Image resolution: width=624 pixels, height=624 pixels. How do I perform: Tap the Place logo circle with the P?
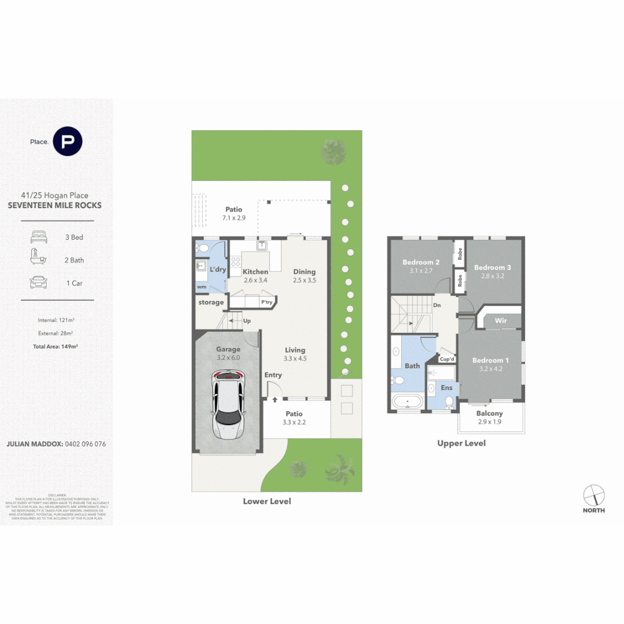(68, 142)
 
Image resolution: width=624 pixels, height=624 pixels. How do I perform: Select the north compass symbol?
(593, 495)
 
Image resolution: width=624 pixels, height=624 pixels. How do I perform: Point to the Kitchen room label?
(255, 272)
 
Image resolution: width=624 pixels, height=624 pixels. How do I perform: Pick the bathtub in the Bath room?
(407, 401)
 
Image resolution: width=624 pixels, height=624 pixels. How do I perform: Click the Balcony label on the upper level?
(489, 413)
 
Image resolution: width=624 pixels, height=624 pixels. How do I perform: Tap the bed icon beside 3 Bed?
(38, 237)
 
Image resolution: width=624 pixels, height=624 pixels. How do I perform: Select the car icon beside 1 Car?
(38, 283)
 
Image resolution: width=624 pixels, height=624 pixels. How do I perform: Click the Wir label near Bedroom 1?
(500, 320)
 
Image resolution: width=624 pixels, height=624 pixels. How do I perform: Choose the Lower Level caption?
(267, 501)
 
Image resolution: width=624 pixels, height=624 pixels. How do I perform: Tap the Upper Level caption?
(462, 443)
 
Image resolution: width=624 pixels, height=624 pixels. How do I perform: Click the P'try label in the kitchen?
(266, 302)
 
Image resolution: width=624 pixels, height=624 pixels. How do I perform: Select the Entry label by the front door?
(273, 375)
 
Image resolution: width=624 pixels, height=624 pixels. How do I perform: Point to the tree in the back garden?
(333, 151)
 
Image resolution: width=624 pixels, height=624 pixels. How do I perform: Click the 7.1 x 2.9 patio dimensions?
(234, 219)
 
